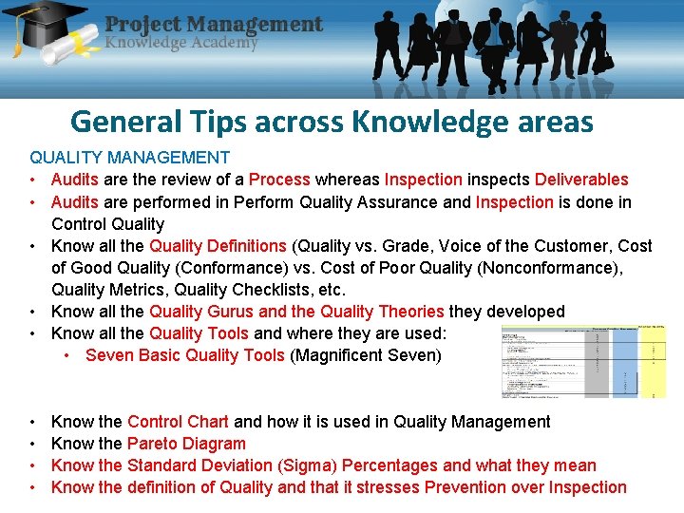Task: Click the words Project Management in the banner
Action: point(214,24)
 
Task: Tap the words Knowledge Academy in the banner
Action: point(181,43)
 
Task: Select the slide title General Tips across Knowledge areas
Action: point(332,122)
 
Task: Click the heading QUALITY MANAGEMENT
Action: point(129,157)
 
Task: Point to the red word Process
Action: point(279,180)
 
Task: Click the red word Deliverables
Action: point(581,180)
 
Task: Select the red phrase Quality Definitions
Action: point(218,246)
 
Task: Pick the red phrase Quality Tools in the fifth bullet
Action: point(199,333)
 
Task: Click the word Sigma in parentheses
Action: point(309,465)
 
